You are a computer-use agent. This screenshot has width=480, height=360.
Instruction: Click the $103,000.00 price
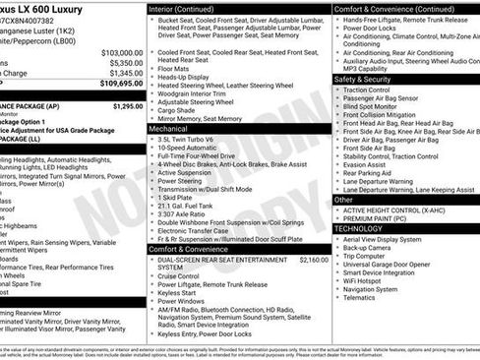point(122,52)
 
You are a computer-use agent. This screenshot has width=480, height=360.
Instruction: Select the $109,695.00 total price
point(122,84)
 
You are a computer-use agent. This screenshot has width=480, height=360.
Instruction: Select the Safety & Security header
point(362,79)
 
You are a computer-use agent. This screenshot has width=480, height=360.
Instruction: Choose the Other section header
point(343,199)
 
